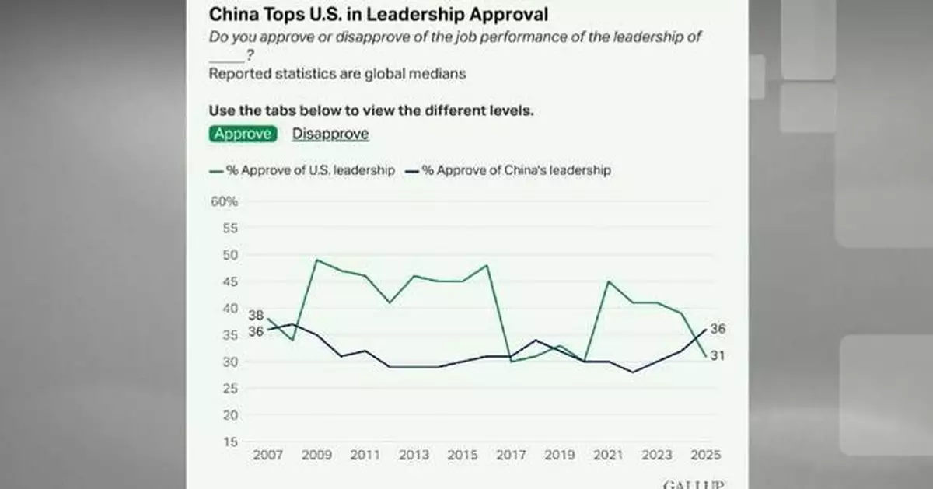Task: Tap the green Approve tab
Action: click(x=243, y=134)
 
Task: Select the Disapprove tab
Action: click(x=330, y=134)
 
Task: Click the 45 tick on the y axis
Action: click(x=229, y=282)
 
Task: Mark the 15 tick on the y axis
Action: click(x=229, y=442)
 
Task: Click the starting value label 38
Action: click(x=257, y=316)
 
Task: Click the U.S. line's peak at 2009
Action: click(x=316, y=260)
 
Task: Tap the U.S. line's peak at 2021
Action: click(x=607, y=281)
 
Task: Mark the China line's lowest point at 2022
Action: click(x=632, y=372)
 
